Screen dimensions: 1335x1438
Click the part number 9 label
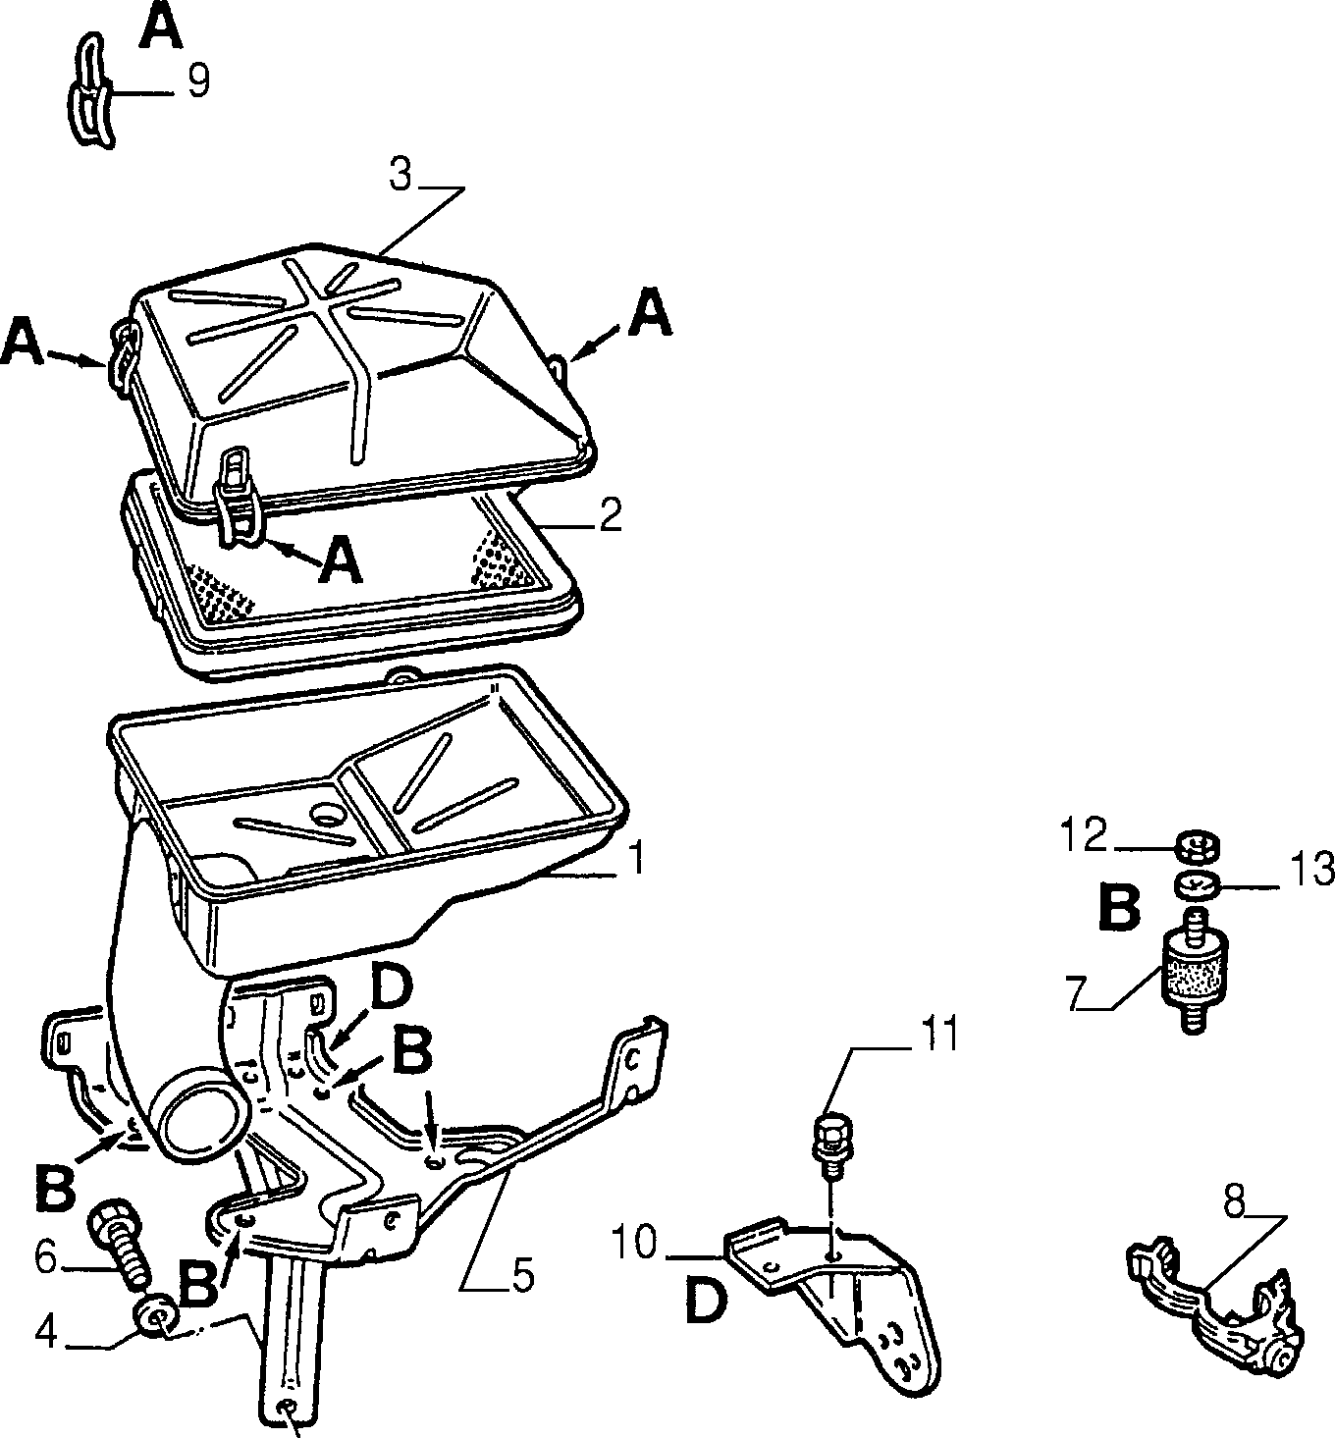click(198, 80)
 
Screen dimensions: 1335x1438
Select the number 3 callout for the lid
click(400, 175)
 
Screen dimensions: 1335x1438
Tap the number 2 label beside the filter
click(610, 515)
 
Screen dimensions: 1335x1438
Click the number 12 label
click(1085, 835)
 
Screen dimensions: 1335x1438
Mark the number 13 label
click(1311, 869)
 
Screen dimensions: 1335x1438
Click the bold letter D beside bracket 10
click(706, 1302)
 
